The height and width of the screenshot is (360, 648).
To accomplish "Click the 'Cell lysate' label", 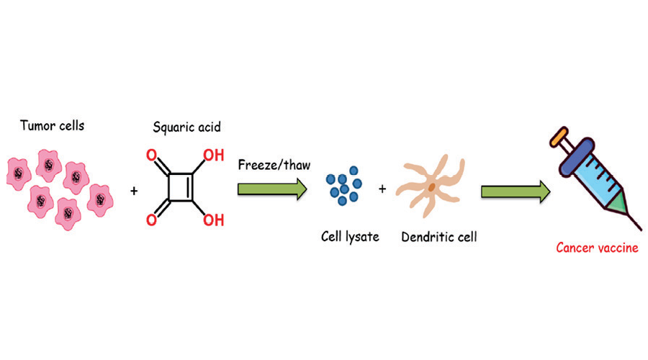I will pyautogui.click(x=350, y=235).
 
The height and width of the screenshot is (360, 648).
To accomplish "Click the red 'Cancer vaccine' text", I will pyautogui.click(x=597, y=248).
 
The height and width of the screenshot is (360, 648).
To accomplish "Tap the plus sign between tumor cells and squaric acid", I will pyautogui.click(x=134, y=192).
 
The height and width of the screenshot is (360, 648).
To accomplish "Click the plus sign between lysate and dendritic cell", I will pyautogui.click(x=382, y=189).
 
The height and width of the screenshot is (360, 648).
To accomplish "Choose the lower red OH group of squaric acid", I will pyautogui.click(x=213, y=220).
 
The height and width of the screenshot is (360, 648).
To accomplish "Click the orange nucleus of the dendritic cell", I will pyautogui.click(x=431, y=188).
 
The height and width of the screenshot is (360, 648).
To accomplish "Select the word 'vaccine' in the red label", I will pyautogui.click(x=616, y=248).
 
